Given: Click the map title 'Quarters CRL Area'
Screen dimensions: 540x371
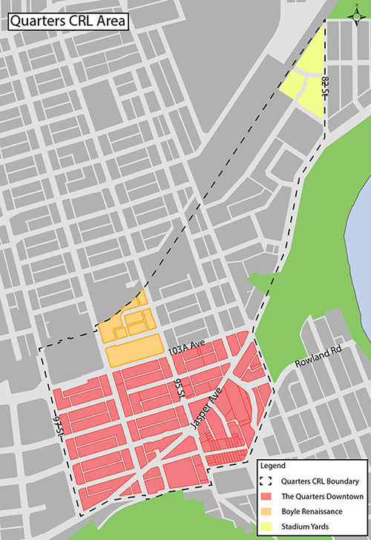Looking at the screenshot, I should coord(67,21).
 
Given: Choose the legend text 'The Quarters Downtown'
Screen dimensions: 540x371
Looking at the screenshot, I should coord(321,497).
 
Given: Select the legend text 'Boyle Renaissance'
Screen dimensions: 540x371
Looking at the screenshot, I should coord(312,512).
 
